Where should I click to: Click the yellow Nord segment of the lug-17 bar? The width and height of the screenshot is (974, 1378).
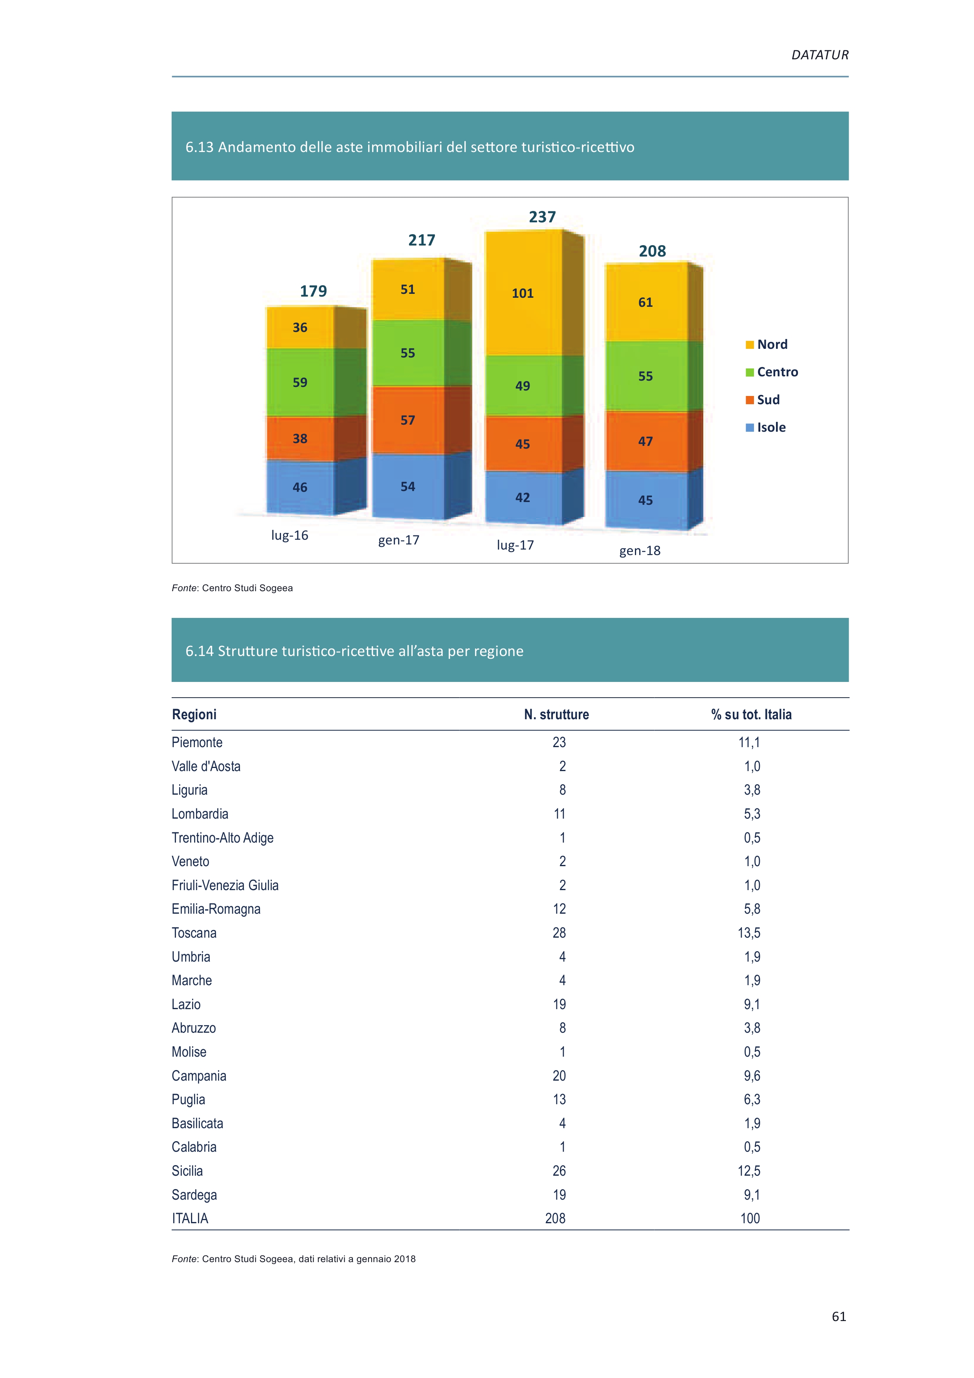coord(523,293)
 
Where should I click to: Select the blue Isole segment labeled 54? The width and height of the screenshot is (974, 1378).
coord(408,486)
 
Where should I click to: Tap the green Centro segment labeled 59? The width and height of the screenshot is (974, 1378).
coord(300,382)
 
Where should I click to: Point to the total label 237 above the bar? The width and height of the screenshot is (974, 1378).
coord(543,217)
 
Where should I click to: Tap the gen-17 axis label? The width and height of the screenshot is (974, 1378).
coord(398,540)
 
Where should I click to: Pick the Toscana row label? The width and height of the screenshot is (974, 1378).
coord(194,933)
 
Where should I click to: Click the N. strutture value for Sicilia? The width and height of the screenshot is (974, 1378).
coord(559,1171)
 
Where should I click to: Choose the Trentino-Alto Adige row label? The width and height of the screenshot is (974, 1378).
coord(223,838)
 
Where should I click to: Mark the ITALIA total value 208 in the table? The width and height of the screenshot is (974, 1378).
coord(556,1219)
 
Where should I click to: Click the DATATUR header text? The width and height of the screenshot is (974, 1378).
coord(820,55)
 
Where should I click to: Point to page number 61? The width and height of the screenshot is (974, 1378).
coord(839,1316)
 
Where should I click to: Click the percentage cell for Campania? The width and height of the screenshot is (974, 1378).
coord(752,1076)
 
